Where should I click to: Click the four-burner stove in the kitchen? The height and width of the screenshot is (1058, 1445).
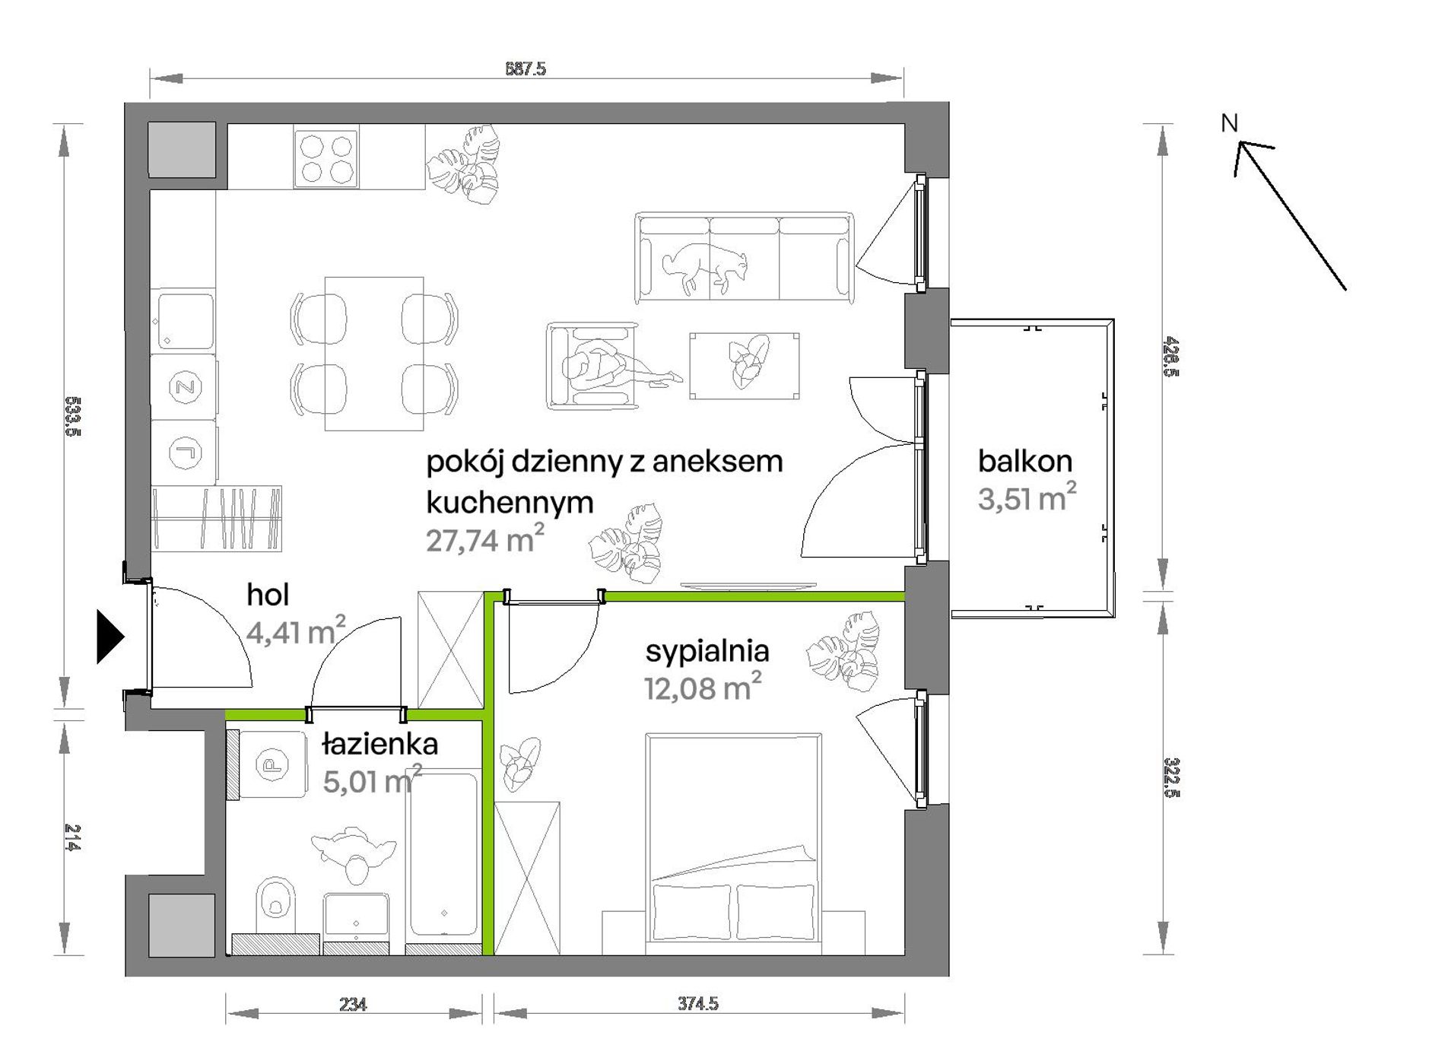coord(326,159)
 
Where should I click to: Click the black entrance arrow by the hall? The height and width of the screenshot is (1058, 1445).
coord(110,636)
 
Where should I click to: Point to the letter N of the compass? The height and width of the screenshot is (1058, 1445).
coord(1229,123)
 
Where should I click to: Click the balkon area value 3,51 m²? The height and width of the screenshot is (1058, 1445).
coord(1027,498)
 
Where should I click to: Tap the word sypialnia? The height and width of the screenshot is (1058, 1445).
coord(707,652)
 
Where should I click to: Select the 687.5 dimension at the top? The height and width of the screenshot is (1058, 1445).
coord(526,68)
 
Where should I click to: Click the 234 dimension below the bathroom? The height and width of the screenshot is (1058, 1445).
coord(353,1005)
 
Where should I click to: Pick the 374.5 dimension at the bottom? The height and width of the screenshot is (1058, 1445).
coord(698,1004)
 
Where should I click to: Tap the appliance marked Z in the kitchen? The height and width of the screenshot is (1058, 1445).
coord(185,387)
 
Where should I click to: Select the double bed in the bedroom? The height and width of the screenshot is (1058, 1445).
coord(733,844)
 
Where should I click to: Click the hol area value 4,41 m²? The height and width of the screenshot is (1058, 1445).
coord(296,631)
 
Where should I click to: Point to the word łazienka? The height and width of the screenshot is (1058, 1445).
coord(380,744)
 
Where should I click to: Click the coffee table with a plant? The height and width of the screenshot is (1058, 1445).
coord(744,366)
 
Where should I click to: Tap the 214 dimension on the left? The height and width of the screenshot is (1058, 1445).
coord(73,837)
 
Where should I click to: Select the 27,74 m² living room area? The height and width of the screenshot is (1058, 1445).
coord(485,540)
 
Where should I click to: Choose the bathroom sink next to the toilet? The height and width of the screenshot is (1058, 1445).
coord(357,917)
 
